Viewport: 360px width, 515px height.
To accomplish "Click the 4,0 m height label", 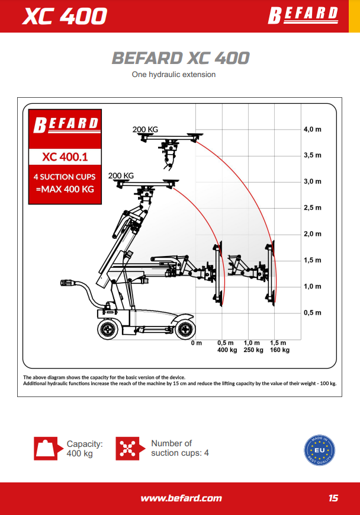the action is coord(313,129).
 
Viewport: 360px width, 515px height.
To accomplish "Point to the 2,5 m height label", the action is coord(313,208).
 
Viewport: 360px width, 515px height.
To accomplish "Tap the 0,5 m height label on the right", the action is coord(313,313).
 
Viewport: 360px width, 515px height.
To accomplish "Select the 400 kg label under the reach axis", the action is coord(227,350).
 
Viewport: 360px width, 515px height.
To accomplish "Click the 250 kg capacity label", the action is coord(253,350).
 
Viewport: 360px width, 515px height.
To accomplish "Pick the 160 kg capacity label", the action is coord(279,350).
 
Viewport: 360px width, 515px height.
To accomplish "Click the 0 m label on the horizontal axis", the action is coord(196,343).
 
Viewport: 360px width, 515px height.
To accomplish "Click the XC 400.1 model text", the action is coord(65,156).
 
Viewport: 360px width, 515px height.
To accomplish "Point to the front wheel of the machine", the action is coord(185,329).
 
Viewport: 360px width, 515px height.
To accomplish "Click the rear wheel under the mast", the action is coord(108,329).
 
